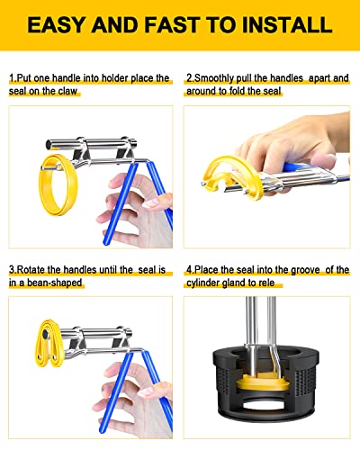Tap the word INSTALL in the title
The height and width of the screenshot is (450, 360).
(x=283, y=25)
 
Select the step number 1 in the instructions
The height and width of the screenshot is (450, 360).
(x=12, y=79)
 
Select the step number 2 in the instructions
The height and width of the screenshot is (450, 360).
(x=188, y=79)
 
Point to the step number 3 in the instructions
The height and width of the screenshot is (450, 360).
(x=12, y=269)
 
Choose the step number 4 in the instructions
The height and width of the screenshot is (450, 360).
(x=188, y=269)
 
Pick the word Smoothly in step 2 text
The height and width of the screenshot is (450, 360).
(x=215, y=79)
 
